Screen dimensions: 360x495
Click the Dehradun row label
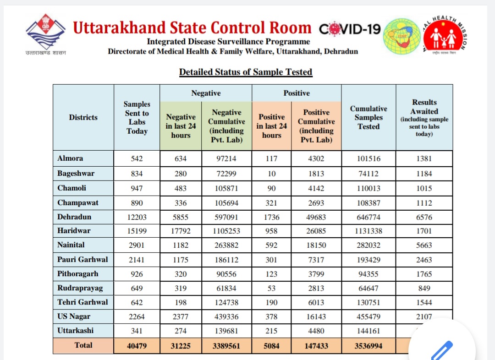74,217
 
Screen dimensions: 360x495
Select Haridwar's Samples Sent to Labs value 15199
137,231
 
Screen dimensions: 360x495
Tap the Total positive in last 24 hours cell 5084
271,346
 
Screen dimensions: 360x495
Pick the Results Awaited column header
424,118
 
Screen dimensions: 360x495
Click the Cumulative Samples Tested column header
368,118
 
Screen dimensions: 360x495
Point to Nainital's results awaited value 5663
424,245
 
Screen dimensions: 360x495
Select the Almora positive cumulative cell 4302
316,159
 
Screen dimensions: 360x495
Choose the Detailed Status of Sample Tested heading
246,72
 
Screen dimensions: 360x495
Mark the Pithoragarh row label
78,274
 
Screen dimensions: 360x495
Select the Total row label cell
83,345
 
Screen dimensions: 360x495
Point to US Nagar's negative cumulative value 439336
226,316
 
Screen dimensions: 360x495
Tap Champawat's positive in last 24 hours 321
271,203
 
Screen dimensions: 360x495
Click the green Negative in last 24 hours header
181,126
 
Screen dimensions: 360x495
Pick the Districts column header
83,117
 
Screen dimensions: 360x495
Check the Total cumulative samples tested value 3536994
368,346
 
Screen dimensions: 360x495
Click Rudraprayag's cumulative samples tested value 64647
368,289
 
